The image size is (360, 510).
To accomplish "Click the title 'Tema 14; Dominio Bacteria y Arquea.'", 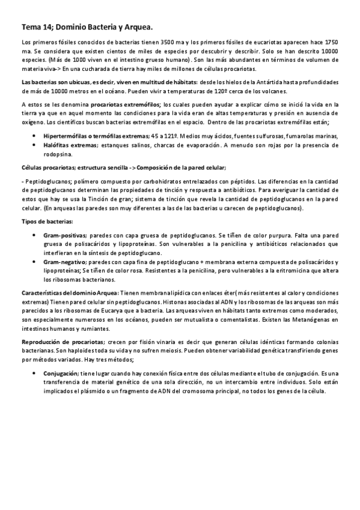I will [87, 27].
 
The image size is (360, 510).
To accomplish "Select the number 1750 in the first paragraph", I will [328, 45].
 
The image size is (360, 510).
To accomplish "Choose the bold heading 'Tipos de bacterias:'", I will [46, 221].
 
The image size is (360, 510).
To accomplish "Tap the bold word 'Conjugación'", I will [61, 373].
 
